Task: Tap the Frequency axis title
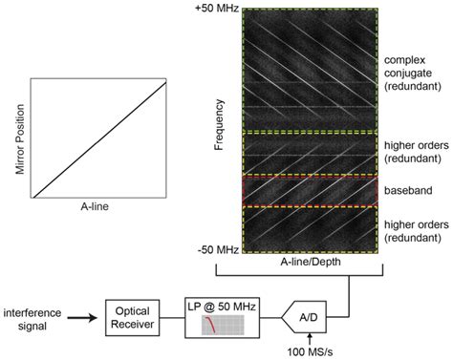click(x=219, y=130)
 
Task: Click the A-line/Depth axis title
click(x=313, y=262)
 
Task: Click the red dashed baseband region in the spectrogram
click(x=313, y=191)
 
